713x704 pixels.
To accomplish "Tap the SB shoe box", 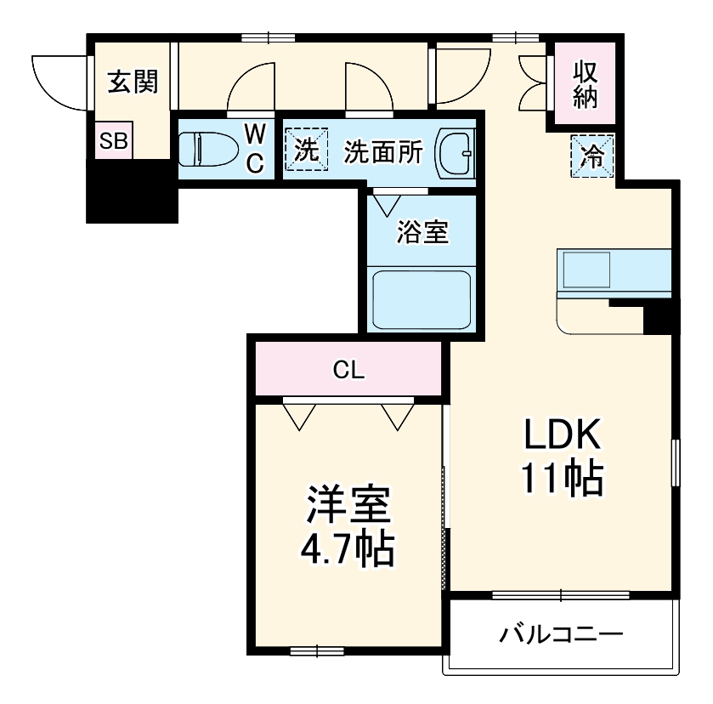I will point(112,142).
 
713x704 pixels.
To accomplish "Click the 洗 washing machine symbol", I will point(305,150).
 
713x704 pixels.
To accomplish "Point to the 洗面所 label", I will point(383,151).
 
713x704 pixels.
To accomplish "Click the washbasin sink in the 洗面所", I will point(456,152).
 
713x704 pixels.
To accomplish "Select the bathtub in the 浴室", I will point(422,298).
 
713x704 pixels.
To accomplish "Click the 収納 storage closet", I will point(585,84).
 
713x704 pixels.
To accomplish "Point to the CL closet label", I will point(348,370).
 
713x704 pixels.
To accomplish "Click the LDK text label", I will point(562,436).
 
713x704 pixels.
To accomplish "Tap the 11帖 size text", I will point(562,480).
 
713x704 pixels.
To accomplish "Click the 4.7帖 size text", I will point(348,550).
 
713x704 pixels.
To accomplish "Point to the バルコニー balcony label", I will point(562,634).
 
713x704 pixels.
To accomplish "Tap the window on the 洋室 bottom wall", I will point(315,651).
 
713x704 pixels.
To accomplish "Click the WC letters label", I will point(256,148).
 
